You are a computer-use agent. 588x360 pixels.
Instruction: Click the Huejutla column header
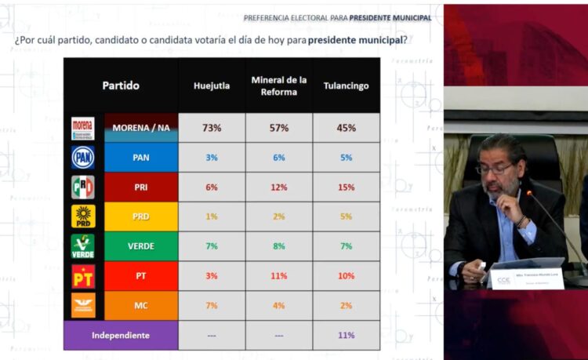[212, 85]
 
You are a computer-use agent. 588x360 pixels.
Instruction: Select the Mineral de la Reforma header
[279, 85]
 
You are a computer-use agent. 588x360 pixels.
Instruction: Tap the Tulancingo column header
[347, 85]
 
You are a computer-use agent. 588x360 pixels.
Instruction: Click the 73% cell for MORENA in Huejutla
[212, 128]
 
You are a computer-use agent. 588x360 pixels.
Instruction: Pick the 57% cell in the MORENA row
[279, 128]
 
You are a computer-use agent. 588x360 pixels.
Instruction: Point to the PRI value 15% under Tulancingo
[347, 187]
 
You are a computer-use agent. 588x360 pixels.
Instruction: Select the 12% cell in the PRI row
[279, 187]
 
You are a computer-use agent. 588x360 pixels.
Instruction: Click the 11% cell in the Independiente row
[347, 335]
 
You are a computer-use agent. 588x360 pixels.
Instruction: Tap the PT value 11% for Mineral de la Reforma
[279, 276]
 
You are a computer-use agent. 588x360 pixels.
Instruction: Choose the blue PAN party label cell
[141, 158]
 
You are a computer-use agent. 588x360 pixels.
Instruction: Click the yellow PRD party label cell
[141, 217]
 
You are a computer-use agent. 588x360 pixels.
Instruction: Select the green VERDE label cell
[141, 246]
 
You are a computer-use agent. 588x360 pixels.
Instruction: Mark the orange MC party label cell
[141, 306]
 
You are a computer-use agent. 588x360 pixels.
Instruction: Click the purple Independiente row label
[121, 335]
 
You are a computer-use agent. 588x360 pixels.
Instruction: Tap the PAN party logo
[83, 158]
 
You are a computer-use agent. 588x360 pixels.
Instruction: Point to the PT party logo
[83, 276]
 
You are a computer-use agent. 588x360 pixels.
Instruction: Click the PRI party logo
[83, 187]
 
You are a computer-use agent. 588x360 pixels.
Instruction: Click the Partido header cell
[121, 85]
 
